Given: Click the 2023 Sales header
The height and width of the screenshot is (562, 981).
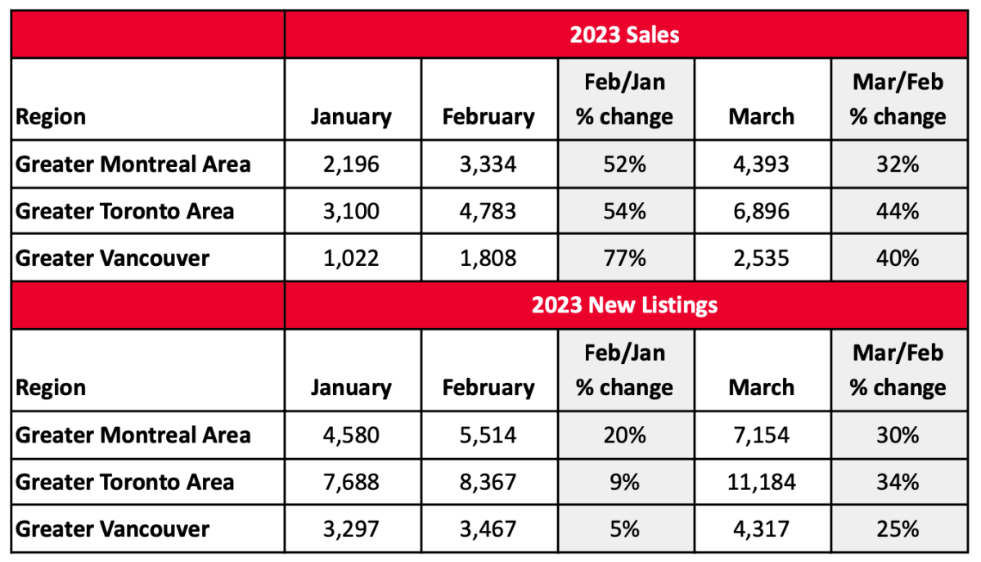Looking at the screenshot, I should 624,35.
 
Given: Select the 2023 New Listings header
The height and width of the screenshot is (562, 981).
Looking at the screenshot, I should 624,305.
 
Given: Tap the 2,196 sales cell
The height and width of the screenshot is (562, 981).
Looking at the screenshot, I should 351,164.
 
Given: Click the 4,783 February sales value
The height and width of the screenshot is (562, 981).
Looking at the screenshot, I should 488,212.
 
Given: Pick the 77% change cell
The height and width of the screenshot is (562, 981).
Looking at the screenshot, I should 624,259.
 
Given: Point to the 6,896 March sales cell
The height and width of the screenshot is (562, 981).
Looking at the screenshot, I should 761,212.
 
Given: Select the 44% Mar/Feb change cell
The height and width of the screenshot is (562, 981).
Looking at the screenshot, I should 897,212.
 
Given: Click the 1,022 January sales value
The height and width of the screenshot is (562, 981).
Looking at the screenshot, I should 351,259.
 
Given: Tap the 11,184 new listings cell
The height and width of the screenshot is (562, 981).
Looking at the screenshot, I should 761,482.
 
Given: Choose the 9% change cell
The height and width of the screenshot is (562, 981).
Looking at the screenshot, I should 624,482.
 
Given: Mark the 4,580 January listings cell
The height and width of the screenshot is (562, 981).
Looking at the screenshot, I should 351,434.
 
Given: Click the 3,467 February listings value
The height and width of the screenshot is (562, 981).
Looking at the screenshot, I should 488,528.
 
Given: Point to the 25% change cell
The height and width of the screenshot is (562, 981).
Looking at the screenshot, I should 897,528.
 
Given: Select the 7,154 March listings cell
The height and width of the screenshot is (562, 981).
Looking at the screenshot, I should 761,434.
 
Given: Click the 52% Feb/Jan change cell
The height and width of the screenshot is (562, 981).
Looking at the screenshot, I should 624,164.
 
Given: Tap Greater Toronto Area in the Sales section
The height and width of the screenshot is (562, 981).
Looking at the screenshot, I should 125,212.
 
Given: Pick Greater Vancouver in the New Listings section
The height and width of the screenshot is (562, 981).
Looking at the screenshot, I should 113,528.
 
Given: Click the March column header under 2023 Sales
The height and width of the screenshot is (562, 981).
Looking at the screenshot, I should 761,116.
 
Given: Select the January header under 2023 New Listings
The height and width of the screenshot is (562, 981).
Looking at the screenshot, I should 351,387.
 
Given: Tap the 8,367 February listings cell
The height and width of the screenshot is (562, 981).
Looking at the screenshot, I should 488,482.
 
